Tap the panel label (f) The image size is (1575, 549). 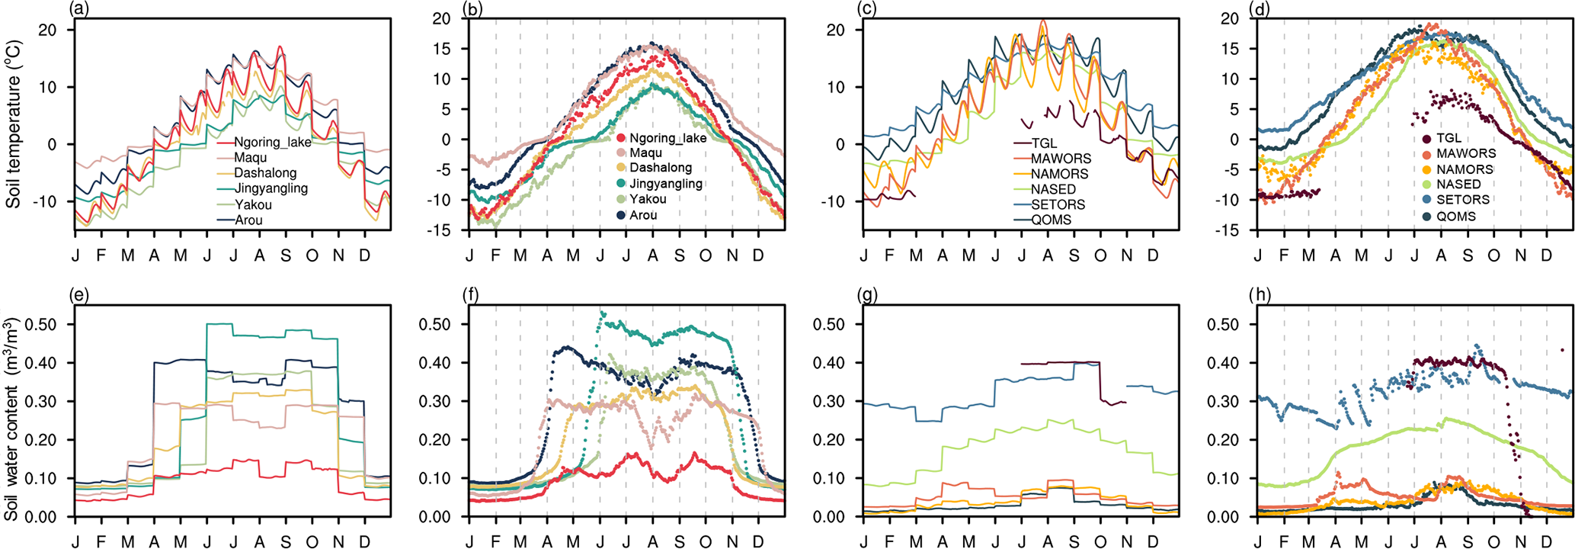pos(470,294)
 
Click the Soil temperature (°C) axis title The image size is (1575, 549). pos(13,124)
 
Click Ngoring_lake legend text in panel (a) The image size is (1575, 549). pos(272,143)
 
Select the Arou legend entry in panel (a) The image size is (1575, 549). pos(248,220)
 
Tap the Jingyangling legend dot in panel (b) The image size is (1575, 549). pos(621,184)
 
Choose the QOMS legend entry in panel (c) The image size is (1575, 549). pos(1051,220)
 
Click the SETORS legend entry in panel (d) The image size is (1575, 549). pos(1462,200)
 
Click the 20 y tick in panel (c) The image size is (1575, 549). pos(835,30)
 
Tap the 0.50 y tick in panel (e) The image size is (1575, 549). pos(41,324)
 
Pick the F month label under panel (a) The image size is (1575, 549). pos(101,255)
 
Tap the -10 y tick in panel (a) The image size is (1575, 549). pos(47,201)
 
